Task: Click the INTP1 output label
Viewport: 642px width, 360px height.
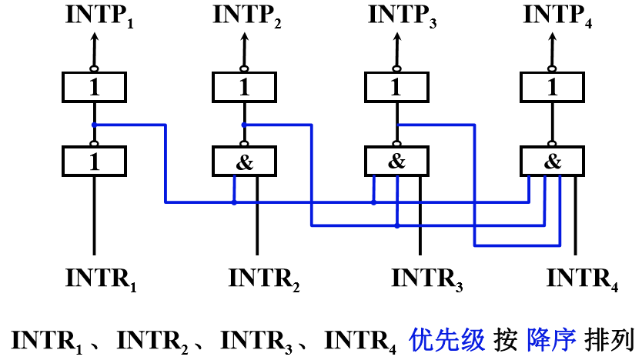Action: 99,16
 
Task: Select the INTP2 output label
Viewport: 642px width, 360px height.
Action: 247,16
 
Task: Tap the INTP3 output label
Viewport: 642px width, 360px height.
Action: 403,16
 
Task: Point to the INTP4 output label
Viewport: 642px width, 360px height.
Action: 557,16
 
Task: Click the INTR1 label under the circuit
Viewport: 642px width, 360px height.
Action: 101,280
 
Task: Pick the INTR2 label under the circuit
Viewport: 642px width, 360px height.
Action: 264,280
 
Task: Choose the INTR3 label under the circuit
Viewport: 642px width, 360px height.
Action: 427,280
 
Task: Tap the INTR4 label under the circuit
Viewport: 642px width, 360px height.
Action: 582,280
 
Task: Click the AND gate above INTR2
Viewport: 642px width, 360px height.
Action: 245,162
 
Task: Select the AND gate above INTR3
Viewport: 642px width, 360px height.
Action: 396,162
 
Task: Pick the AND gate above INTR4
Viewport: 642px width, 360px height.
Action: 553,162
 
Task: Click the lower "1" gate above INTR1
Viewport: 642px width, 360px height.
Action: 94,162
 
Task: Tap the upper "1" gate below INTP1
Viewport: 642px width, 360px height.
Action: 94,87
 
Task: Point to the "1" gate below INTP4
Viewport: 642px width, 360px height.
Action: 553,87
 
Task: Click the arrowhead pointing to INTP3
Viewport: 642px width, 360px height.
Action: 396,37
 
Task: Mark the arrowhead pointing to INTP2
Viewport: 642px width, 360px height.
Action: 245,37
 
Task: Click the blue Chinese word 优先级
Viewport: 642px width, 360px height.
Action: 446,340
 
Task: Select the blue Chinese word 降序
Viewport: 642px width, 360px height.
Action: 551,340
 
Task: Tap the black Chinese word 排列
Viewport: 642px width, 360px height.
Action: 610,340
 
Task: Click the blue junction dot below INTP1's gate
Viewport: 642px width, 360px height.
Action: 94,125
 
